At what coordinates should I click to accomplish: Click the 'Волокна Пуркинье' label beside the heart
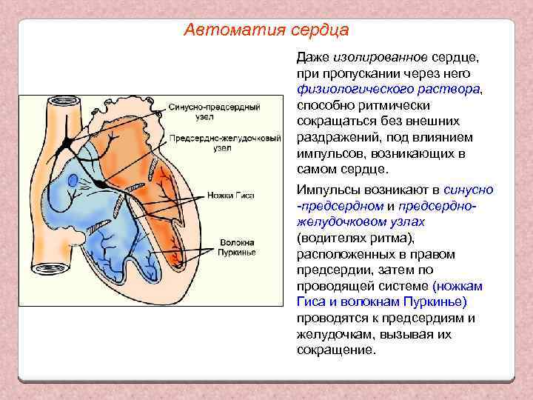click(x=237, y=247)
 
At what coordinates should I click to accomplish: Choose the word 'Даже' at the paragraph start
click(x=312, y=57)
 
